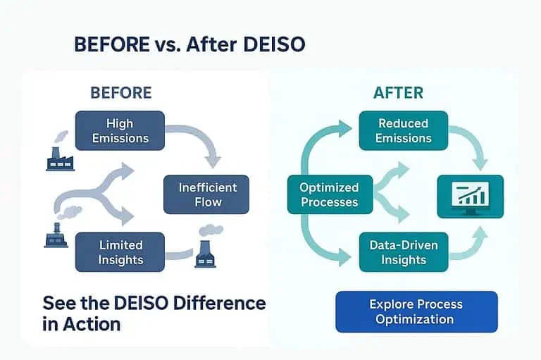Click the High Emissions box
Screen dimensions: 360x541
click(x=120, y=130)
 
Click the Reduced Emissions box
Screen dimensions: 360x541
click(x=403, y=130)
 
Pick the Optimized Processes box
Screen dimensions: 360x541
click(x=328, y=194)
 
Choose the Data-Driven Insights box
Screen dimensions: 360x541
click(x=403, y=252)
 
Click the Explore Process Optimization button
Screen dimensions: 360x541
click(x=416, y=311)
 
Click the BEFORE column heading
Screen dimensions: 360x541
click(x=120, y=92)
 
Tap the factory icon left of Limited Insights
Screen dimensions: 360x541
click(x=56, y=234)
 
